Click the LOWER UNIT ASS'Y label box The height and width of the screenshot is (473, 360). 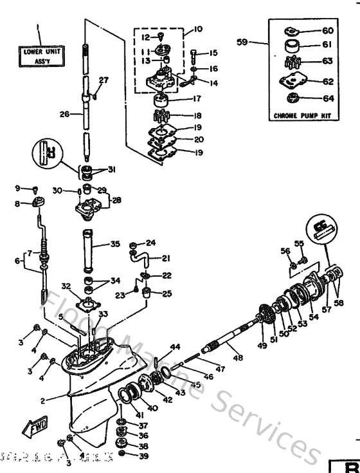click(x=39, y=54)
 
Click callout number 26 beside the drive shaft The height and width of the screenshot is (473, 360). click(x=63, y=114)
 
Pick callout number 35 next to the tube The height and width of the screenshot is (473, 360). click(x=114, y=245)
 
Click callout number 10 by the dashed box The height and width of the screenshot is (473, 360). click(x=197, y=30)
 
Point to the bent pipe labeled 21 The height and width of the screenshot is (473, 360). click(x=141, y=259)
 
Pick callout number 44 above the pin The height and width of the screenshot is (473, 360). click(x=175, y=347)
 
